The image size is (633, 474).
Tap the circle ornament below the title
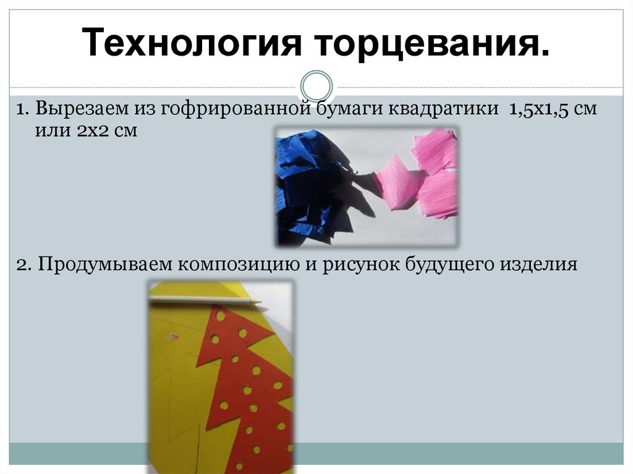pos(316,86)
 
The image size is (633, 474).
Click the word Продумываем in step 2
pos(104,265)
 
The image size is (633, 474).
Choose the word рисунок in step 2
pos(358,265)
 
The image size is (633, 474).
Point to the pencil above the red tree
pos(204,301)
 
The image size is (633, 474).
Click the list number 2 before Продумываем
pos(22,265)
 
